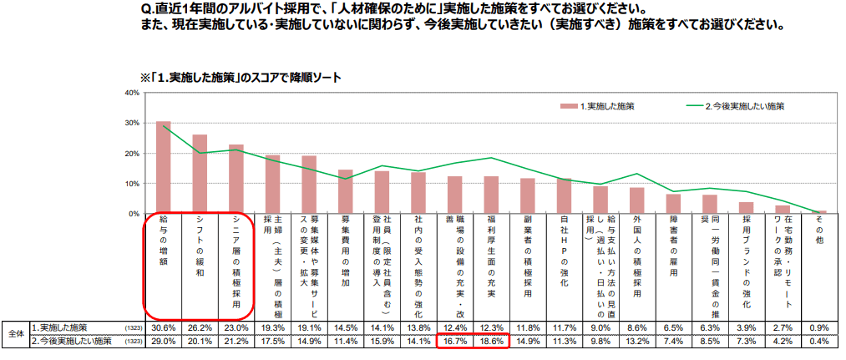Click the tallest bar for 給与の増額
point(164,168)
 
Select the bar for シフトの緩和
point(200,175)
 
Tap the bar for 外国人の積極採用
point(637,200)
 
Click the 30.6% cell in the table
point(164,327)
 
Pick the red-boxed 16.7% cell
point(454,341)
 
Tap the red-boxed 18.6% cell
point(492,341)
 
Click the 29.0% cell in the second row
point(164,341)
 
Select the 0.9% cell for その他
point(818,327)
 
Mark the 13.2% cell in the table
point(637,341)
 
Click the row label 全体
point(14,334)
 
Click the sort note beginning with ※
point(242,77)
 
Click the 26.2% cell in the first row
point(200,327)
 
